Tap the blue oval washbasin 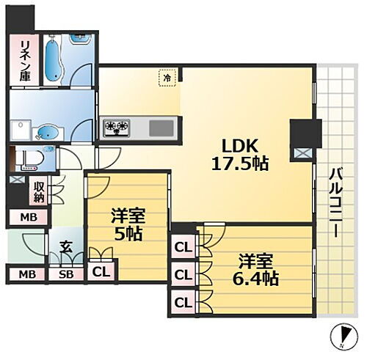(46, 133)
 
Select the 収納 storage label (38, 192)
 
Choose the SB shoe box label (65, 275)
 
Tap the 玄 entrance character (65, 247)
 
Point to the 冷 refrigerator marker (167, 76)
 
